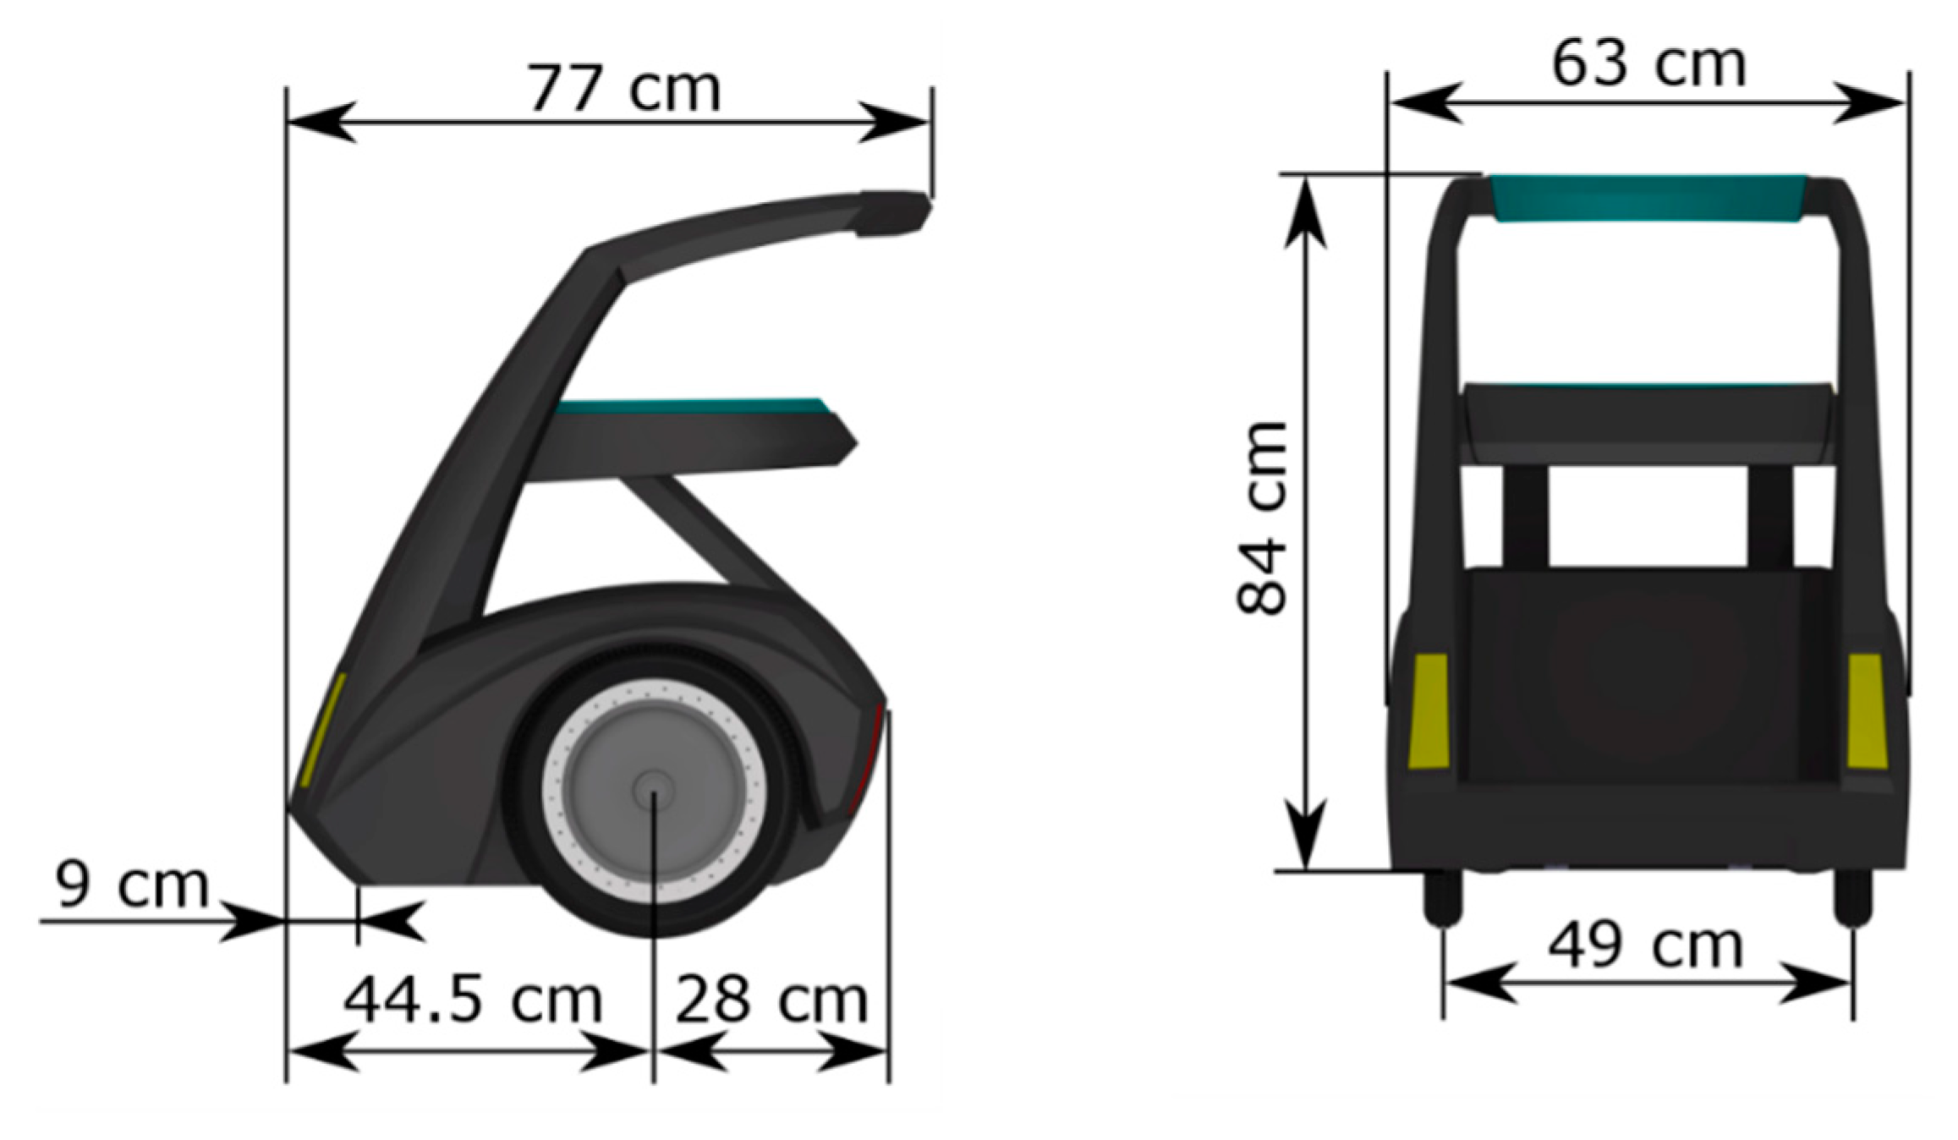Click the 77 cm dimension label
coord(623,88)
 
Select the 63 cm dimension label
coord(1648,64)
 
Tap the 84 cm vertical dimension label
coord(1262,518)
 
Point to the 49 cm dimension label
coord(1645,945)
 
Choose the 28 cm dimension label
coord(771,1000)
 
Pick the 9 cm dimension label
coord(131,885)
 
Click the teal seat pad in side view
coord(689,407)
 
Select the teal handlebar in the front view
coord(1648,198)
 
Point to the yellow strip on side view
coord(323,729)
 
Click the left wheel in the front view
coord(1442,896)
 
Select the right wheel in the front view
coord(1852,896)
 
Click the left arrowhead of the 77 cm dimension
coord(320,122)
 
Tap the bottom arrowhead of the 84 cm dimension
coord(1307,833)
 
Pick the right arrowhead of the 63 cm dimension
coord(1871,103)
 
